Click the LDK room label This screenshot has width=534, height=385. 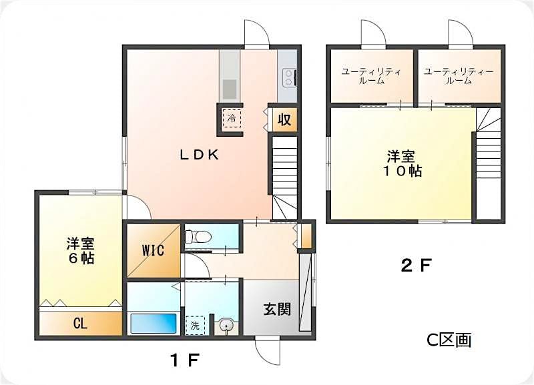pos(199,155)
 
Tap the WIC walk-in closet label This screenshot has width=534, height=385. pos(153,251)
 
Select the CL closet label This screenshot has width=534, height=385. pos(80,324)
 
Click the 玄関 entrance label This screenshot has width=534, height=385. pos(276,309)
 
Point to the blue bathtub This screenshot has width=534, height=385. pos(154,324)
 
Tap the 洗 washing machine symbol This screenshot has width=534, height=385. pos(195,325)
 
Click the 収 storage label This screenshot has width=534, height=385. pos(284,120)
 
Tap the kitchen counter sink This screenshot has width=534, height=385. pos(230,87)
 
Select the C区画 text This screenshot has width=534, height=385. pos(449,340)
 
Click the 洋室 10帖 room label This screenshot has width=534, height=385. pos(403,163)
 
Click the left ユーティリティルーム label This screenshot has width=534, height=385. pos(371,75)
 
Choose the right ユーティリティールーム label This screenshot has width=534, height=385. pos(459,75)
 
